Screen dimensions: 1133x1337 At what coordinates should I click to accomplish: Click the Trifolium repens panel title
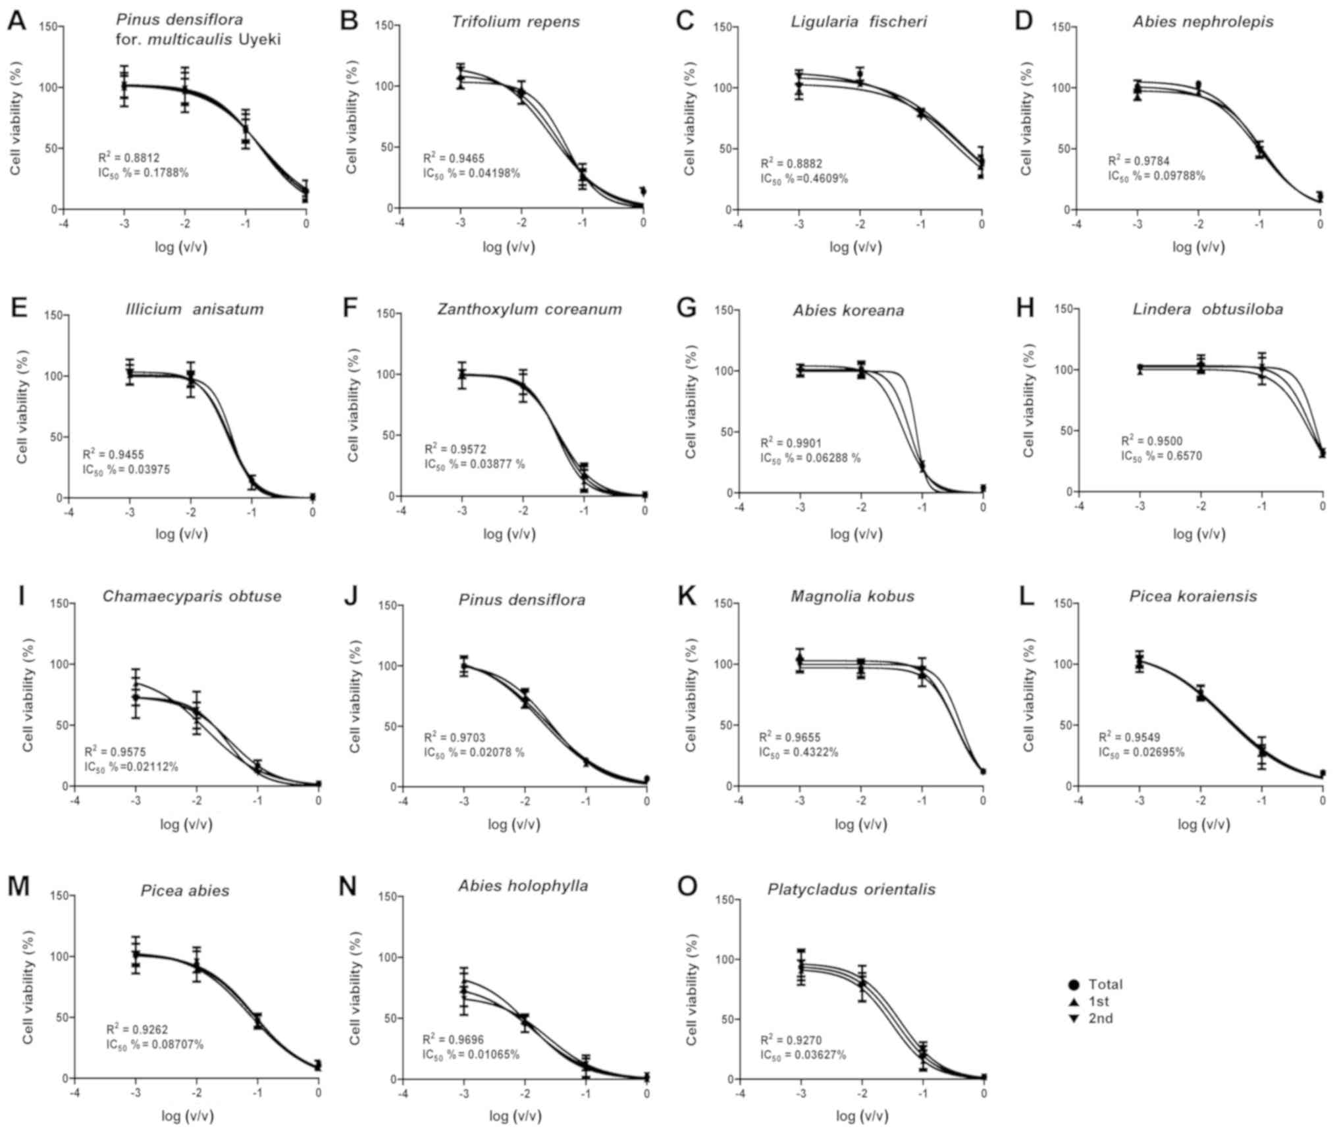[515, 22]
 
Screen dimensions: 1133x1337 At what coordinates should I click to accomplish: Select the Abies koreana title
[848, 310]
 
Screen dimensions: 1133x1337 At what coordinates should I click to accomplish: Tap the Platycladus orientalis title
[851, 889]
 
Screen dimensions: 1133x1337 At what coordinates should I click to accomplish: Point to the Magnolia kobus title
[852, 596]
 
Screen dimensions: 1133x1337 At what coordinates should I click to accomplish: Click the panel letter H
[1024, 307]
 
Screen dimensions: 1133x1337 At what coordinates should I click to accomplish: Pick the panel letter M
[18, 886]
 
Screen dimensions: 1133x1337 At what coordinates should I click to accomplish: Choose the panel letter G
[687, 307]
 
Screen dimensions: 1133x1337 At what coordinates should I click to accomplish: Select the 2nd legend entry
[1100, 1018]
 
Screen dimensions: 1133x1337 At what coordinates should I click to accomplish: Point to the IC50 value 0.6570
[1161, 456]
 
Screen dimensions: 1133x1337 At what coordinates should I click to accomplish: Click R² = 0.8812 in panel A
[129, 158]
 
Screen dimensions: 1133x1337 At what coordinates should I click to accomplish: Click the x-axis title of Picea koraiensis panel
[1203, 824]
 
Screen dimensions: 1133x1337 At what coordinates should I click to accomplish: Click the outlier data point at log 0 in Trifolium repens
[643, 191]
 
